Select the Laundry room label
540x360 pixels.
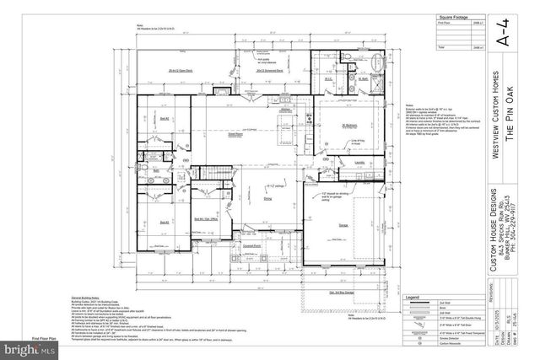tap(359, 162)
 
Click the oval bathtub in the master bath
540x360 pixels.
tap(376, 85)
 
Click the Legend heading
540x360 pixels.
tap(415, 298)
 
